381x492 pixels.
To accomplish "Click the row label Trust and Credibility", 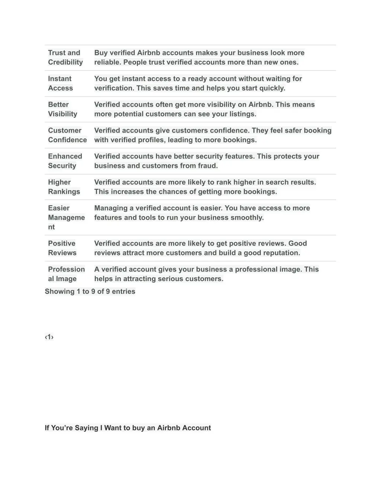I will click(x=65, y=58).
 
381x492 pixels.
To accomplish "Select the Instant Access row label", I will click(x=60, y=84).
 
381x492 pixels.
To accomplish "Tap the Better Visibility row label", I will click(x=63, y=110).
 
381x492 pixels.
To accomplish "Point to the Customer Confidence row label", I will click(x=67, y=135).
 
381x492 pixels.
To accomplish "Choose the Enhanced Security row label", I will click(x=65, y=161).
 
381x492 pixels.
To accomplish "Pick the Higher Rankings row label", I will click(x=64, y=187).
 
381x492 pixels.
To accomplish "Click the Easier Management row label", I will click(x=66, y=218).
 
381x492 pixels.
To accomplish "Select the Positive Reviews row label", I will click(x=62, y=248).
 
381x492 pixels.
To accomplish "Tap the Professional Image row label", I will click(x=66, y=274).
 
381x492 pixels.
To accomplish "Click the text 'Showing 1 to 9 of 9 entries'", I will click(x=90, y=291).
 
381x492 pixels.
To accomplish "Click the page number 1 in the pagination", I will click(x=49, y=337).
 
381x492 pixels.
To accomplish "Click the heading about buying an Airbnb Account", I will click(x=128, y=428).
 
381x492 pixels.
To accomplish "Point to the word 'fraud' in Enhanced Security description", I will click(x=207, y=166).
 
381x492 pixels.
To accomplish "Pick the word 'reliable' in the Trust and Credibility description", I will click(x=107, y=62).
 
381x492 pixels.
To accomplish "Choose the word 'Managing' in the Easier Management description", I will click(x=111, y=208).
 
